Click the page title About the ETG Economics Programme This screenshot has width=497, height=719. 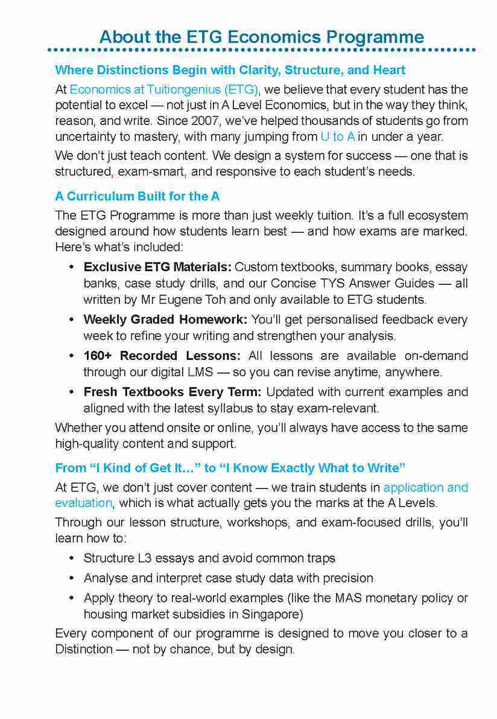coord(261,36)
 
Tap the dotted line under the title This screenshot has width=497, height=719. coord(261,50)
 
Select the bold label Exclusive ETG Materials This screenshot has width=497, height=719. coord(157,267)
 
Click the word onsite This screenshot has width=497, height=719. coord(194,428)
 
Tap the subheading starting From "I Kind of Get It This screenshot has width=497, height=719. coord(230,468)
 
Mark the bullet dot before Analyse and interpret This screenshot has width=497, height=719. coord(72,578)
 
